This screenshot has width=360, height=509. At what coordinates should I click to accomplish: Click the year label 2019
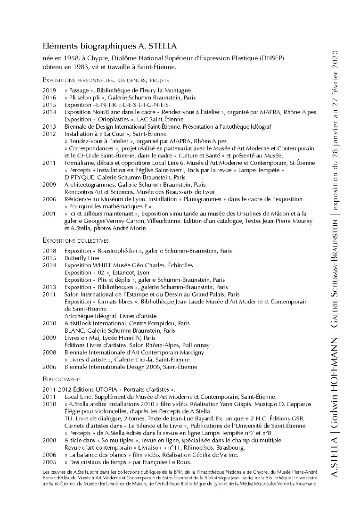point(49,90)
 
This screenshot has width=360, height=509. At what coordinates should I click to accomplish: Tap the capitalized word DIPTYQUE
point(79,177)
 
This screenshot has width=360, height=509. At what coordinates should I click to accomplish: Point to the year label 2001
point(49,214)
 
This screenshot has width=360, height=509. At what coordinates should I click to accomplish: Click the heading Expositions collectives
point(75,240)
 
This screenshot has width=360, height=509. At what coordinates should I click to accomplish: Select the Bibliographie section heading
point(62,379)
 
